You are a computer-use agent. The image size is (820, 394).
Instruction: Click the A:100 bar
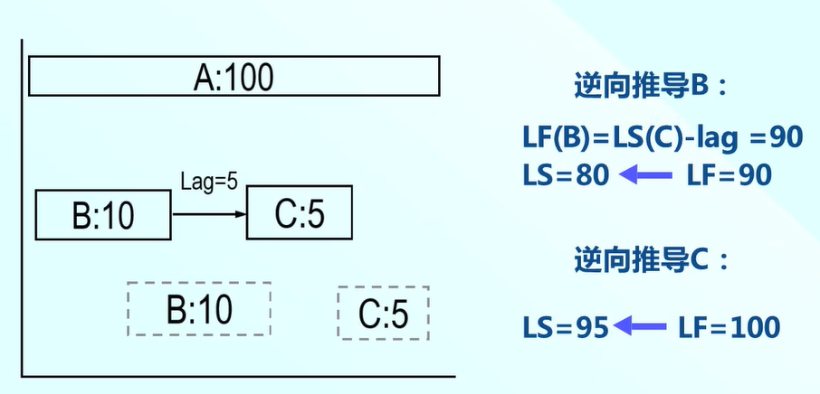click(x=234, y=76)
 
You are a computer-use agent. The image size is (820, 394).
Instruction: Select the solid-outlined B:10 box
click(x=102, y=215)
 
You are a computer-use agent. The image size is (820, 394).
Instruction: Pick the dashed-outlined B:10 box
click(x=198, y=309)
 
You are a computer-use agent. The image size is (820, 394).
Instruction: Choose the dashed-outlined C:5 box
click(x=383, y=313)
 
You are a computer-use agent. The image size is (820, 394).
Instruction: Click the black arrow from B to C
click(x=208, y=214)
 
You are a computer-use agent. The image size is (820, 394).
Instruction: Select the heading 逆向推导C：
click(x=651, y=261)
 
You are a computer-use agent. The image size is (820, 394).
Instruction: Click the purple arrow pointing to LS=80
click(x=646, y=174)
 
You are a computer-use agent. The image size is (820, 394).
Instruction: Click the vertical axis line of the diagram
click(x=22, y=208)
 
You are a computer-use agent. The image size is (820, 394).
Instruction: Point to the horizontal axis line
click(x=235, y=374)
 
